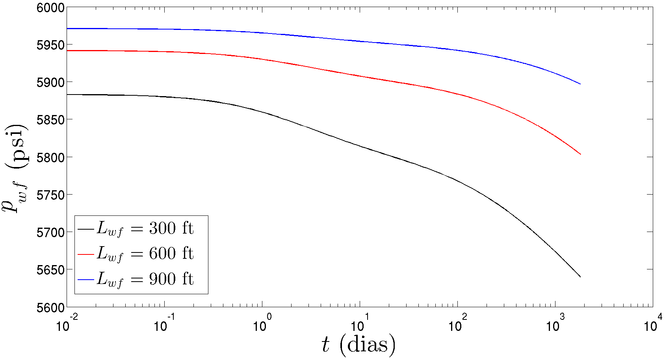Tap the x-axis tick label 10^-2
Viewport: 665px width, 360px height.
pyautogui.click(x=66, y=325)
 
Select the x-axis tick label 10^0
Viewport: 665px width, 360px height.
pyautogui.click(x=262, y=325)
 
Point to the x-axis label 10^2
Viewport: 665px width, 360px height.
pyautogui.click(x=457, y=325)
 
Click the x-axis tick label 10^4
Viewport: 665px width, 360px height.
pyautogui.click(x=653, y=325)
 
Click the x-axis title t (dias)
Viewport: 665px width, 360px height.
pyautogui.click(x=358, y=345)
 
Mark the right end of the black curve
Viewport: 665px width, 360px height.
pyautogui.click(x=580, y=276)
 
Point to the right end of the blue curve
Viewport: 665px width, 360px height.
pyautogui.click(x=580, y=84)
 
